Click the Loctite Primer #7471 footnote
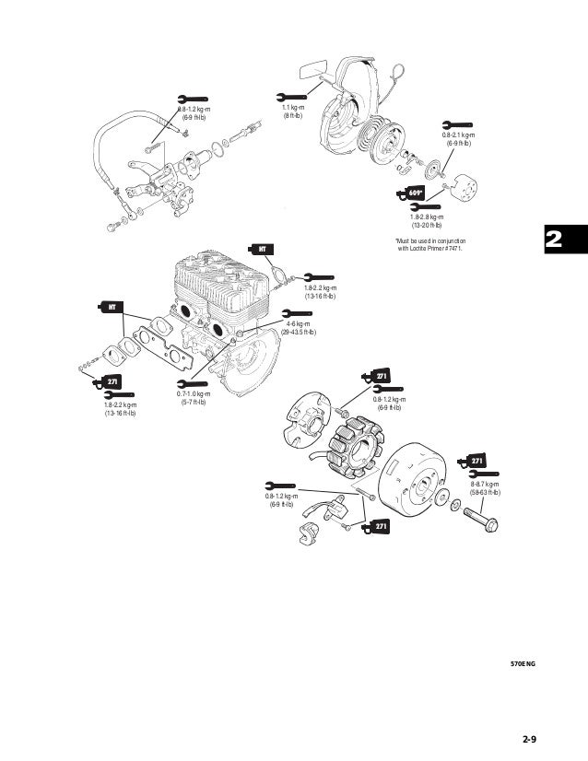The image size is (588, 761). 429,246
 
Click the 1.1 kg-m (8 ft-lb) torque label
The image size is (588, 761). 292,111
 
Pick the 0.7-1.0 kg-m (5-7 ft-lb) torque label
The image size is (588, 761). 194,398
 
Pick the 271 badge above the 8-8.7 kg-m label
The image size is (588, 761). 475,461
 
